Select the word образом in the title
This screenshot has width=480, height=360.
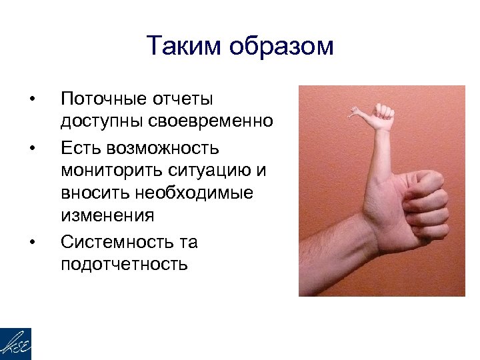point(280,46)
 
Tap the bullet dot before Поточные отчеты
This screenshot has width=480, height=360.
point(31,100)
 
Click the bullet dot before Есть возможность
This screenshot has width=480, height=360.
point(31,147)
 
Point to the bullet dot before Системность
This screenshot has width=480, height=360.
point(31,241)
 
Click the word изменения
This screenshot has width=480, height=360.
point(107,216)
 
